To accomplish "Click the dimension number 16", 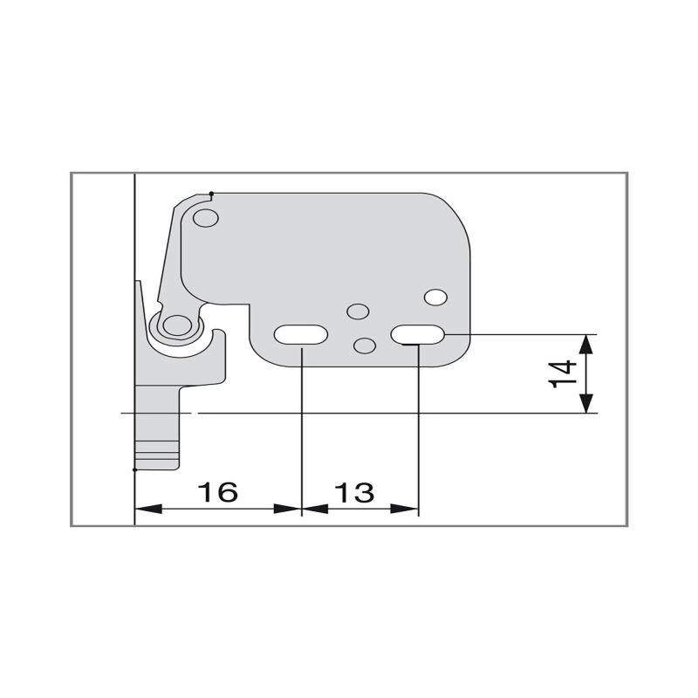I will point(216,492).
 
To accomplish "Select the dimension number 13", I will point(354,492).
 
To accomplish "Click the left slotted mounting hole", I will point(301,335).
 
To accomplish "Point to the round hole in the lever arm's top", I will point(206,216).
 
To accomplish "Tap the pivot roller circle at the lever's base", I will point(174,325).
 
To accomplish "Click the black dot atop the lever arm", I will point(212,193).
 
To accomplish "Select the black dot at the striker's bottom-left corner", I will point(134,469).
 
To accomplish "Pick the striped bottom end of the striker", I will point(157,455).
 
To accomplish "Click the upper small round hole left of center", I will point(356,311).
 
